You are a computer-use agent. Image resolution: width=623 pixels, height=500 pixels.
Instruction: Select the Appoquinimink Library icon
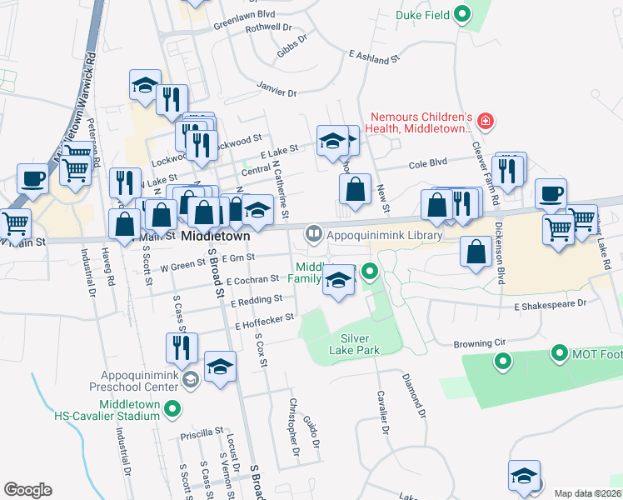tap(313, 234)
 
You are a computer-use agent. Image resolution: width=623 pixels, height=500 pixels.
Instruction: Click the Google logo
tap(27, 489)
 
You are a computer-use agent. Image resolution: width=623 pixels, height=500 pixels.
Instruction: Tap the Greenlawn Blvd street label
tap(244, 14)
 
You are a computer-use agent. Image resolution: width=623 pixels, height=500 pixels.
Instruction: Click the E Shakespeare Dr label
tap(551, 306)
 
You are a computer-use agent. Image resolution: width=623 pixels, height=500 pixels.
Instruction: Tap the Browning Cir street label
tap(479, 342)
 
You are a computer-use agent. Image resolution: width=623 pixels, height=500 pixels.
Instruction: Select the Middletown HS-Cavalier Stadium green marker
tap(172, 408)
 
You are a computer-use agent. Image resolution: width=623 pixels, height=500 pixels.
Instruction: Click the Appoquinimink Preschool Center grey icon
tap(190, 380)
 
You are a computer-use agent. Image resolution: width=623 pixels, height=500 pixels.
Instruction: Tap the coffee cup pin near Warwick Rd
tap(32, 179)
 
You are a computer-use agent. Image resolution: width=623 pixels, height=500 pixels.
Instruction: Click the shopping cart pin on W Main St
tap(14, 223)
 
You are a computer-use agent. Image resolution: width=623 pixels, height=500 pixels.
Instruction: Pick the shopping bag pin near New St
tap(355, 188)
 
